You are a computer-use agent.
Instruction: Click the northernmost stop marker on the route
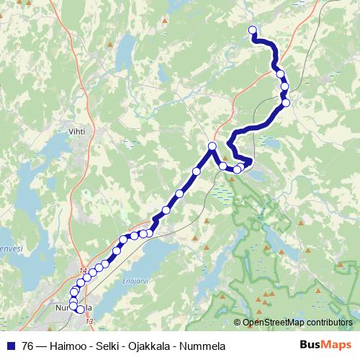253,30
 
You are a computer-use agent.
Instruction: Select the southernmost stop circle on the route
80,310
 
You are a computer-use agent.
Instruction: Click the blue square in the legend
9,345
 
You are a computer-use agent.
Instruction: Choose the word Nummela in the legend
205,346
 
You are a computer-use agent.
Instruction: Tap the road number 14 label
84,271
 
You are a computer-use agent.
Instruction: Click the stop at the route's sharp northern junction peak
212,146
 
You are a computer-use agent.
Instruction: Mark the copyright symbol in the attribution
238,323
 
